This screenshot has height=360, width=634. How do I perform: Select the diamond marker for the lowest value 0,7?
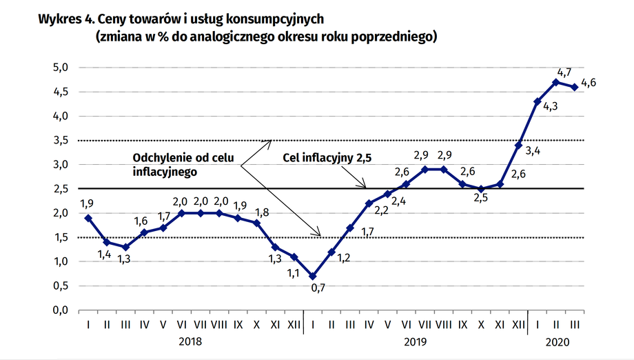tap(313, 276)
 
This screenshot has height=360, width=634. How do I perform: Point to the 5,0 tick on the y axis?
tap(61, 68)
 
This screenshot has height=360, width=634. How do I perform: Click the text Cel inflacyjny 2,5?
tap(327, 158)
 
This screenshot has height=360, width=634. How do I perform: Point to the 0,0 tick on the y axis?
tap(61, 310)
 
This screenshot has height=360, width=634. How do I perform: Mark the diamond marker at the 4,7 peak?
tap(555, 82)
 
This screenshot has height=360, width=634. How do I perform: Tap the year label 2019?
tap(415, 341)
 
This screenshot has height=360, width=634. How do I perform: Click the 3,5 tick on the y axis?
tap(61, 141)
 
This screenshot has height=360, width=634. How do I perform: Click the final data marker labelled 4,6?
tap(574, 87)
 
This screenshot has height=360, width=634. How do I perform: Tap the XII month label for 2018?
tap(294, 323)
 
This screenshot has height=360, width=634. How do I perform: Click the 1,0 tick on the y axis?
tap(61, 262)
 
